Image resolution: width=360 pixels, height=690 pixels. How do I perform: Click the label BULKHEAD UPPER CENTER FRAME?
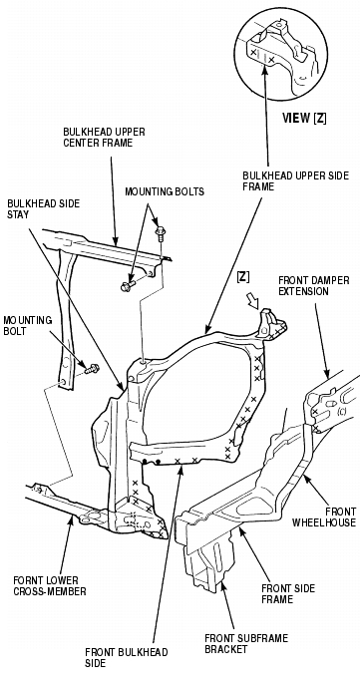click(x=104, y=138)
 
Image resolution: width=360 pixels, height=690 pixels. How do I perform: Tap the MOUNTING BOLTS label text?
click(x=165, y=191)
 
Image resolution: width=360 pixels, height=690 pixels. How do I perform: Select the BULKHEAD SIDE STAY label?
click(x=44, y=209)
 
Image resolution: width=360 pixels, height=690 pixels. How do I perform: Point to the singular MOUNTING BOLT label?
click(x=27, y=325)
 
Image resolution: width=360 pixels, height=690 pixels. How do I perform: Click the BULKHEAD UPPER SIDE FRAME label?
click(x=296, y=181)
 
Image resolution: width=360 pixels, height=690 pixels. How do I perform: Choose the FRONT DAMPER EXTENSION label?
click(x=314, y=286)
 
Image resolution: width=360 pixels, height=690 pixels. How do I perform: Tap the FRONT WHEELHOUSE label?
click(x=324, y=517)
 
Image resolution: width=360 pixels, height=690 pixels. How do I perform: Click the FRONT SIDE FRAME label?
click(x=288, y=593)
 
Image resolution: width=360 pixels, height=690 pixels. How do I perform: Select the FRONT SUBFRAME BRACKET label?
click(x=246, y=643)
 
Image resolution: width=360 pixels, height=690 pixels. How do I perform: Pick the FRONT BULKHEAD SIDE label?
click(x=127, y=657)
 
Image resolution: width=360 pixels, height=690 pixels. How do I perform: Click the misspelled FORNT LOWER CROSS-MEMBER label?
click(x=49, y=585)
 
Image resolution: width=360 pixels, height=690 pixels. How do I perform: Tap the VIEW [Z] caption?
click(x=304, y=119)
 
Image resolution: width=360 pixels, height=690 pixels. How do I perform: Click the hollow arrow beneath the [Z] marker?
click(x=255, y=302)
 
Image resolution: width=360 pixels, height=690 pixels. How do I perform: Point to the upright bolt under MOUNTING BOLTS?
click(x=160, y=232)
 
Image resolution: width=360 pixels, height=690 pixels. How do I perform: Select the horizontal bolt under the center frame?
click(x=128, y=286)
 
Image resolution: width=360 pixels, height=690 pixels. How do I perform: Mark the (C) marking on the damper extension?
click(x=341, y=413)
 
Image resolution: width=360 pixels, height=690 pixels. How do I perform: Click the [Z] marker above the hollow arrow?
click(x=243, y=277)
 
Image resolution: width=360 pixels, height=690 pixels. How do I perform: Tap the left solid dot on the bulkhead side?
click(x=145, y=462)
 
